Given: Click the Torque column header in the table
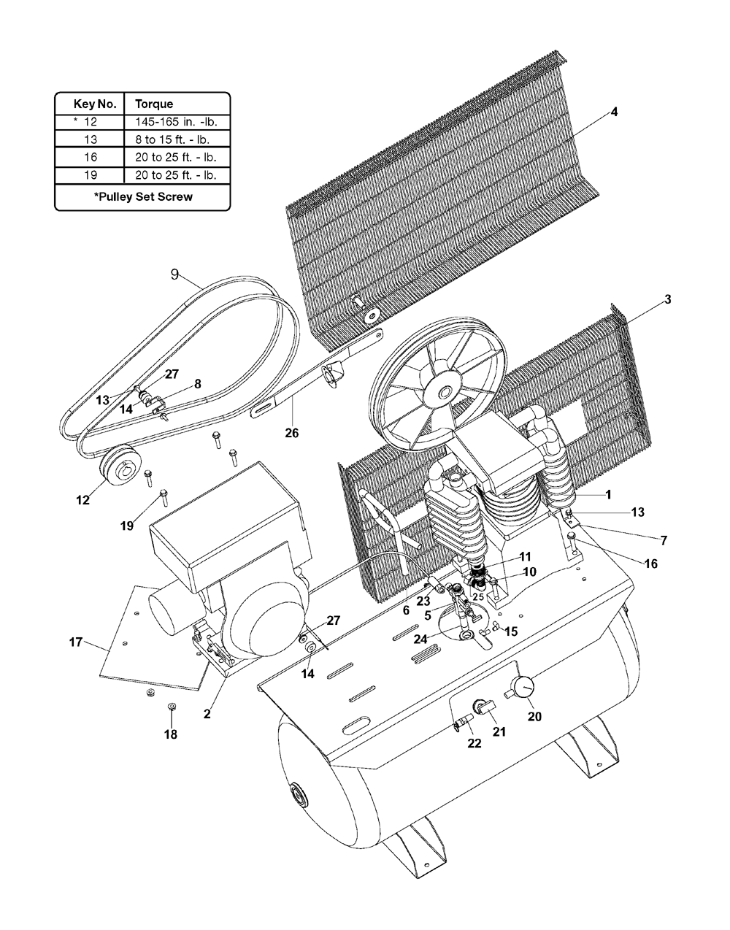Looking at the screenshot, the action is coord(154,104).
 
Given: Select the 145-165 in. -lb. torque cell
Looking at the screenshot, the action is coord(177,122).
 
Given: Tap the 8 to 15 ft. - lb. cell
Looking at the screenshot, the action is coord(172,139).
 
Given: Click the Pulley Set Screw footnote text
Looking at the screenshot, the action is coord(143,197).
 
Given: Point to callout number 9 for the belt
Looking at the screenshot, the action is coord(174,274).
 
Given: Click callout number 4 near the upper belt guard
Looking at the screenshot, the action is coord(614,112).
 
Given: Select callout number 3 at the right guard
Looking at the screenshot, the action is coord(667,299).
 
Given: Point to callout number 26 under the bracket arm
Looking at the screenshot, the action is coord(292,433).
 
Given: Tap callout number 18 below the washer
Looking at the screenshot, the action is coord(171,734).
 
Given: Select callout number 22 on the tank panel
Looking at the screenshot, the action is coord(474,743).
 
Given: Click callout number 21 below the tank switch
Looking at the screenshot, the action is coord(499,732).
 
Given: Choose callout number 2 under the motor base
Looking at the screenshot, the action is coord(207,714).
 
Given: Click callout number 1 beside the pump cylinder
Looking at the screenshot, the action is coord(607,495).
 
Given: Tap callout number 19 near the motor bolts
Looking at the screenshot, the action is coord(127,526).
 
